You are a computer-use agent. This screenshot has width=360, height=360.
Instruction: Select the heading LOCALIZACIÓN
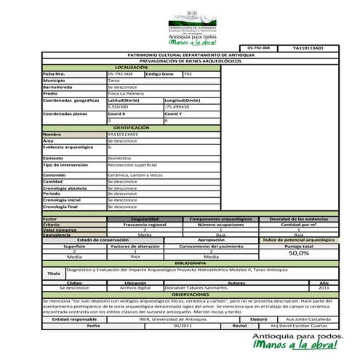point(131,67)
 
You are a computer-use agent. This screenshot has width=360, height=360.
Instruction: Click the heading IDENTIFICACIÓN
point(131,127)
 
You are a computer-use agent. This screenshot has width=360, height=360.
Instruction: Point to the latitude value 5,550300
point(117,107)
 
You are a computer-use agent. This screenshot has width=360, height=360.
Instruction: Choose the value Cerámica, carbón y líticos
point(135,175)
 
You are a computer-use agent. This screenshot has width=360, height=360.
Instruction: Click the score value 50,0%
point(298,253)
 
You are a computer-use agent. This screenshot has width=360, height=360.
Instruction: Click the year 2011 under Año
point(324,287)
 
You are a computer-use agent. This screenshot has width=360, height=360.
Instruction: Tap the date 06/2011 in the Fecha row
point(183,325)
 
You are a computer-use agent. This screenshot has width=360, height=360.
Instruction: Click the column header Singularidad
point(145,218)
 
